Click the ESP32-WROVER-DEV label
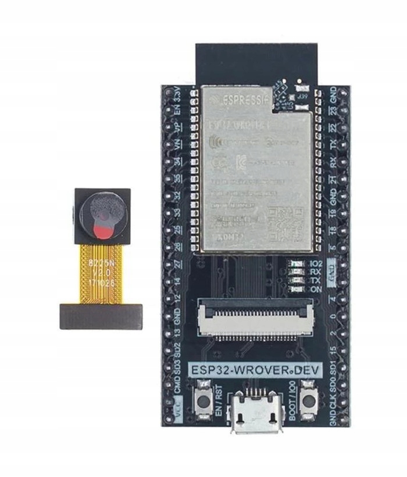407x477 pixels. [256, 371]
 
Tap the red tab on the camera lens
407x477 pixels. [102, 233]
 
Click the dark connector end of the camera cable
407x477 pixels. [101, 316]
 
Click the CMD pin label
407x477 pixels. [178, 385]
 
